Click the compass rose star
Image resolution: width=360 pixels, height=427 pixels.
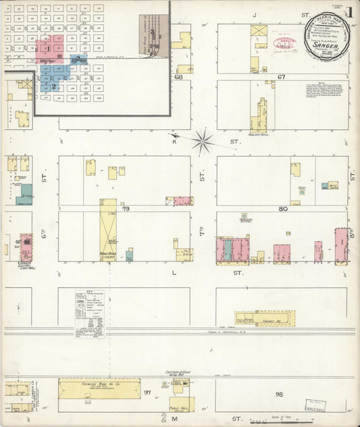tap(202, 141)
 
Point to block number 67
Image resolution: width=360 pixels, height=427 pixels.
tap(282, 77)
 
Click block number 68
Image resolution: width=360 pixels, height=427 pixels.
tap(179, 77)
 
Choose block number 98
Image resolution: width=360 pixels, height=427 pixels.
tap(279, 393)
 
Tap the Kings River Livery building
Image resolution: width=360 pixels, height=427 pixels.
tap(108, 230)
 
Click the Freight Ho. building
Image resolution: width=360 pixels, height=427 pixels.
tap(265, 318)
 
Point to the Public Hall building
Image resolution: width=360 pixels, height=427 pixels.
tap(180, 404)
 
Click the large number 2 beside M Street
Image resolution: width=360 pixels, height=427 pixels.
tap(163, 417)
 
